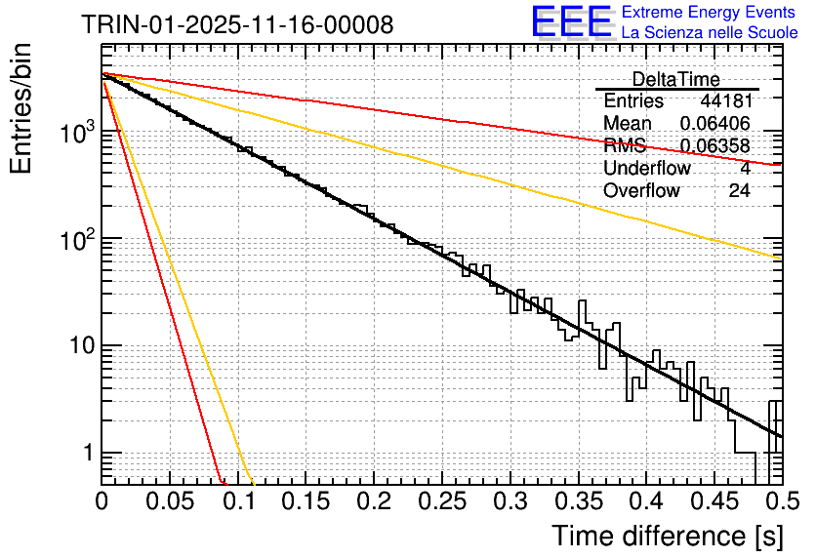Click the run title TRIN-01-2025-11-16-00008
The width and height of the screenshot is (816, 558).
(x=237, y=24)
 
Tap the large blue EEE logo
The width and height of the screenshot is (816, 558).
(x=571, y=21)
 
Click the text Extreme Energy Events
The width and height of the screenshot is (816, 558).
(x=709, y=13)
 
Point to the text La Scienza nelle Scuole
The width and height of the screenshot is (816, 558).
(x=709, y=32)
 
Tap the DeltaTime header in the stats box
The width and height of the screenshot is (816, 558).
(x=675, y=79)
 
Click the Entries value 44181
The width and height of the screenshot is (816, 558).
(x=725, y=101)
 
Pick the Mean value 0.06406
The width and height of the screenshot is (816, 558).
(x=714, y=124)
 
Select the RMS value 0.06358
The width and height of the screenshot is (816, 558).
(x=714, y=146)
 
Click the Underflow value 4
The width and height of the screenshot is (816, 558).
(x=745, y=169)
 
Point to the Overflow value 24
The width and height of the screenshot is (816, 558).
(x=739, y=191)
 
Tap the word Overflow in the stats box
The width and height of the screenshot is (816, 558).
(x=641, y=191)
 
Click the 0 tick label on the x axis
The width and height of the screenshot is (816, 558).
(x=102, y=502)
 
